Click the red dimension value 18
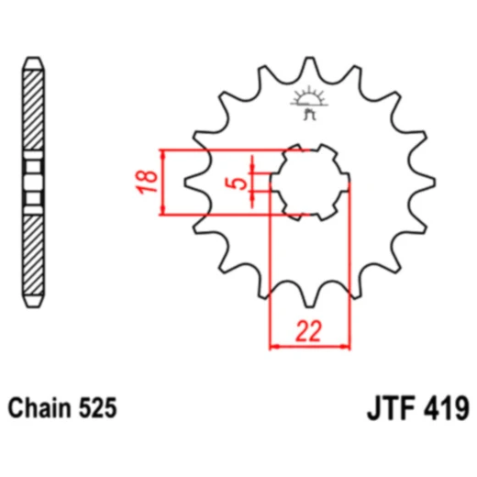tap(148, 183)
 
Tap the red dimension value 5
tap(236, 183)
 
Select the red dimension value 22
tap(309, 331)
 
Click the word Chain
tap(39, 408)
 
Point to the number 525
tap(98, 408)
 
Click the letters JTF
tap(391, 408)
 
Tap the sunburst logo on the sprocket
tap(309, 103)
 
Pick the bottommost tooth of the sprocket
tap(309, 298)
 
